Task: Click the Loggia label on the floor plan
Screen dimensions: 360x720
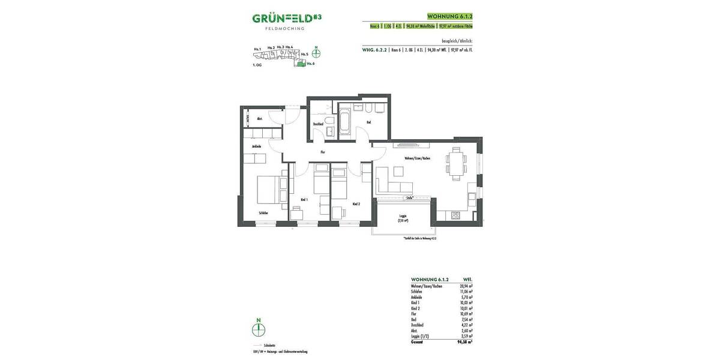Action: [403, 217]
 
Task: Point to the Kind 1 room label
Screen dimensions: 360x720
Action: [304, 199]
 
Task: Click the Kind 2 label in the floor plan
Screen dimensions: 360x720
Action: [356, 204]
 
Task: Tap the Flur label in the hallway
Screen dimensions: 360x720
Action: [322, 152]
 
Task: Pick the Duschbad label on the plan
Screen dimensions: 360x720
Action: [318, 124]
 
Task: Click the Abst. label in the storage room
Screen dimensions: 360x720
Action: [259, 119]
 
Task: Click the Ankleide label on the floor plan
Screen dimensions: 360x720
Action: [256, 146]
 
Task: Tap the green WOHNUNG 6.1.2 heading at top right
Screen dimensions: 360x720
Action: [446, 17]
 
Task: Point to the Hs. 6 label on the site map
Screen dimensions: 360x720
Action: [310, 63]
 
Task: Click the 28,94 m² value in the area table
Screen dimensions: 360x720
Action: [466, 286]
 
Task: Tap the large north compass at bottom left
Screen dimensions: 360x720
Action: [258, 329]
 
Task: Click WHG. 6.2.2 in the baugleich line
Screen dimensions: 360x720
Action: [374, 50]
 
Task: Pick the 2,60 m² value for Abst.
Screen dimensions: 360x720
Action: [466, 331]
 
